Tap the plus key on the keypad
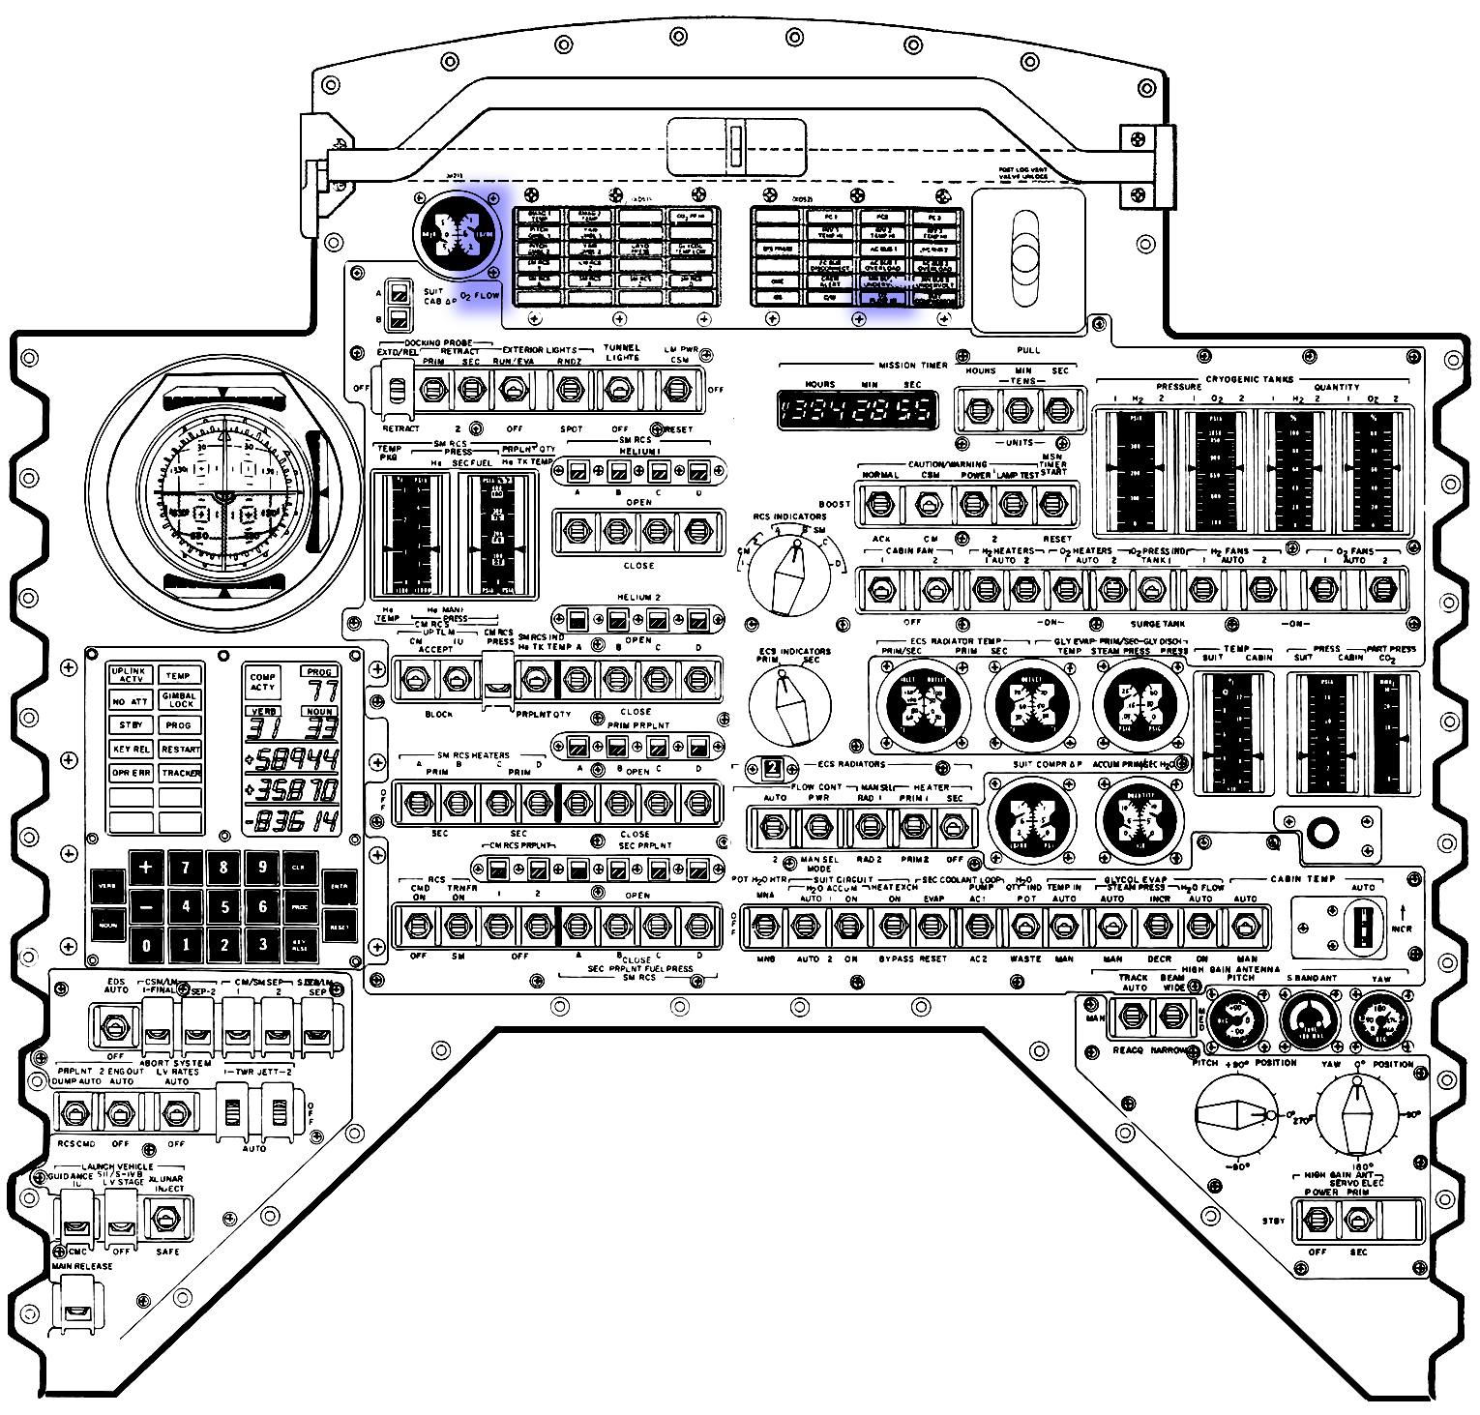146,867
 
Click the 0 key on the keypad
146,945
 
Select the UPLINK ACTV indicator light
130,675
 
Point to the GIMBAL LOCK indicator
180,699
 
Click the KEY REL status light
130,749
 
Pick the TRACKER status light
180,773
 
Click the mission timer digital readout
857,410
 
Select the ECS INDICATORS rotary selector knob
790,703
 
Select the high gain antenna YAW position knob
1359,1115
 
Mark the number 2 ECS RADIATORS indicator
772,769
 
